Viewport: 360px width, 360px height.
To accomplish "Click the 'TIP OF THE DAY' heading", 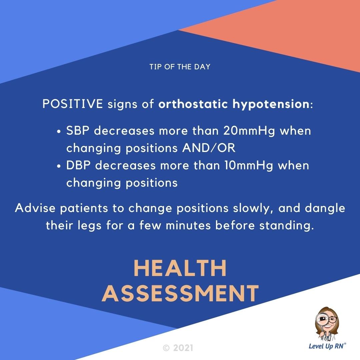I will [180, 67].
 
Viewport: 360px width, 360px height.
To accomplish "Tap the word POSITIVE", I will [73, 104].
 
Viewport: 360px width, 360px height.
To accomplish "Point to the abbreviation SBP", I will [78, 131].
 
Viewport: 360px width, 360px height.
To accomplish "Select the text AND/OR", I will [209, 148].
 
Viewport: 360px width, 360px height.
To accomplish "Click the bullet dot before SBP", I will [59, 132].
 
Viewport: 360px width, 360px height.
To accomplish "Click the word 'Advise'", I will [36, 208].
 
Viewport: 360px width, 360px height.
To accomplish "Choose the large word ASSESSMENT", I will [180, 293].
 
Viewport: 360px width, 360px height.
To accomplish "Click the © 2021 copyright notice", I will [178, 348].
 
